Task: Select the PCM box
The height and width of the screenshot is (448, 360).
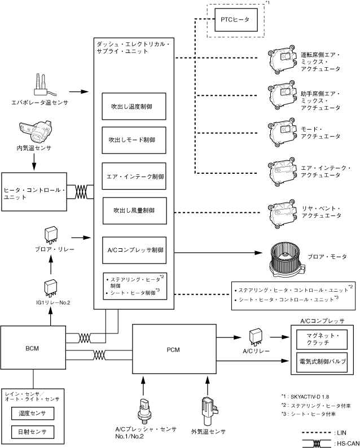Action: coord(173,349)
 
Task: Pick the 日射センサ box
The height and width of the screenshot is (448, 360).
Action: coord(32,432)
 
